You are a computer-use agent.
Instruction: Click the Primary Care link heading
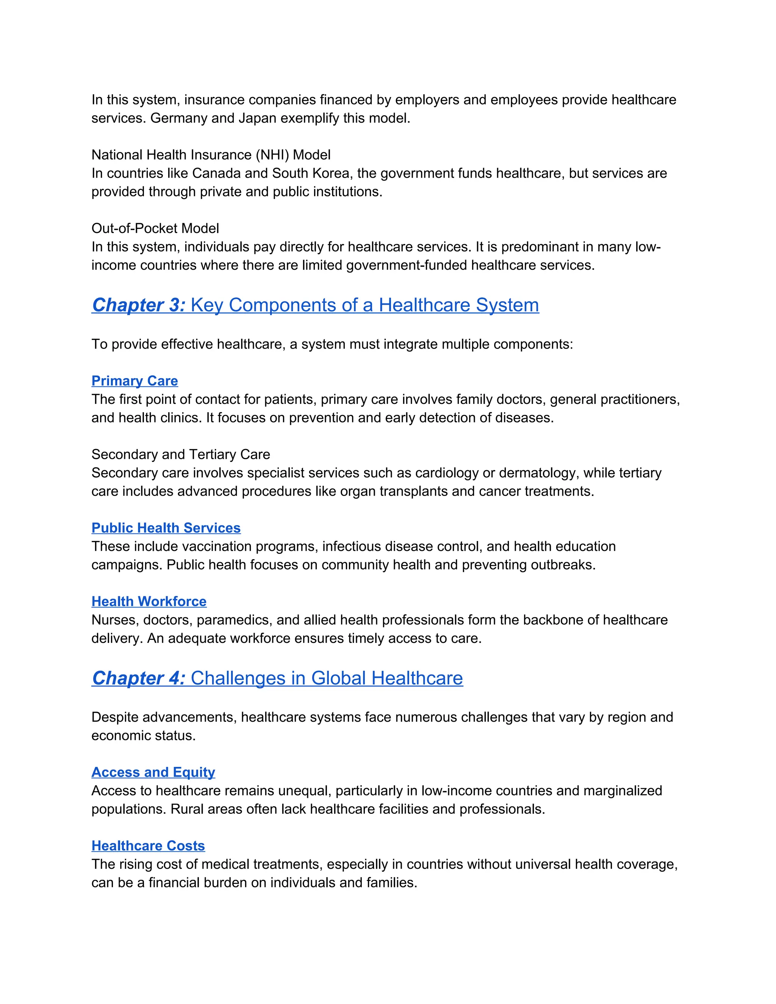click(x=135, y=381)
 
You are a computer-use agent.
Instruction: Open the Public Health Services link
click(x=166, y=528)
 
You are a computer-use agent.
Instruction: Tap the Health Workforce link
click(x=149, y=601)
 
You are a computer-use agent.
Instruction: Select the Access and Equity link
click(x=153, y=772)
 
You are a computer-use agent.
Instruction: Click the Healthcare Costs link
click(x=148, y=846)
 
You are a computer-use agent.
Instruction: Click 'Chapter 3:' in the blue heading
click(x=138, y=305)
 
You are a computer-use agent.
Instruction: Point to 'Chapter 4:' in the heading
click(x=138, y=679)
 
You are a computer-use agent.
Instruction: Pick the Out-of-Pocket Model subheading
click(x=155, y=228)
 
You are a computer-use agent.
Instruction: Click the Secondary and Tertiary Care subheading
click(x=181, y=455)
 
